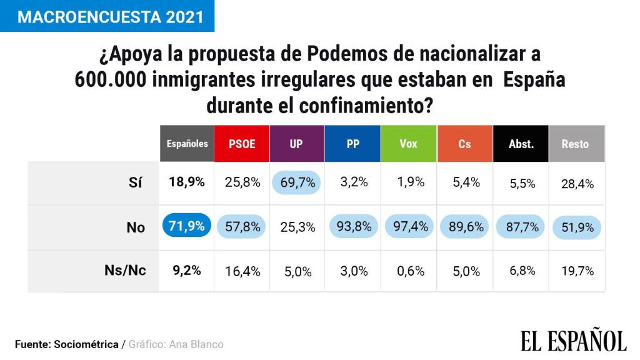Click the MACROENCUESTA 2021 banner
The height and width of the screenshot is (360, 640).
click(x=107, y=16)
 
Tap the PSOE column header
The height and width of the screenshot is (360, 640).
click(x=242, y=144)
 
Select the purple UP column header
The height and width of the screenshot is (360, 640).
click(x=296, y=144)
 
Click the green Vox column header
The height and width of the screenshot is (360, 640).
click(x=408, y=144)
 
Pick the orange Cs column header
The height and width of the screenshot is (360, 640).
click(x=464, y=144)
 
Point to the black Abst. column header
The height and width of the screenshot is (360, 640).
click(x=521, y=144)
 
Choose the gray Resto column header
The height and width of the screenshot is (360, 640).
click(x=575, y=144)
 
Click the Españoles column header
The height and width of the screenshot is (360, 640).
click(x=187, y=144)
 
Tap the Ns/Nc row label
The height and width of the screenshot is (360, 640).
click(x=125, y=271)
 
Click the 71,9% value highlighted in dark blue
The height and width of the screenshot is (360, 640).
click(x=187, y=226)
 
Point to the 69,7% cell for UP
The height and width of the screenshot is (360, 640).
click(x=296, y=182)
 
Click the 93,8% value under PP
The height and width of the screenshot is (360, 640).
click(x=352, y=226)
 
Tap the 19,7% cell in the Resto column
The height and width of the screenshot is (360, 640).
click(x=576, y=271)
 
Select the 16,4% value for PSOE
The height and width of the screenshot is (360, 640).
click(x=242, y=271)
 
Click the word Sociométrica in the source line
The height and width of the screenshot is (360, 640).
click(x=86, y=344)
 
